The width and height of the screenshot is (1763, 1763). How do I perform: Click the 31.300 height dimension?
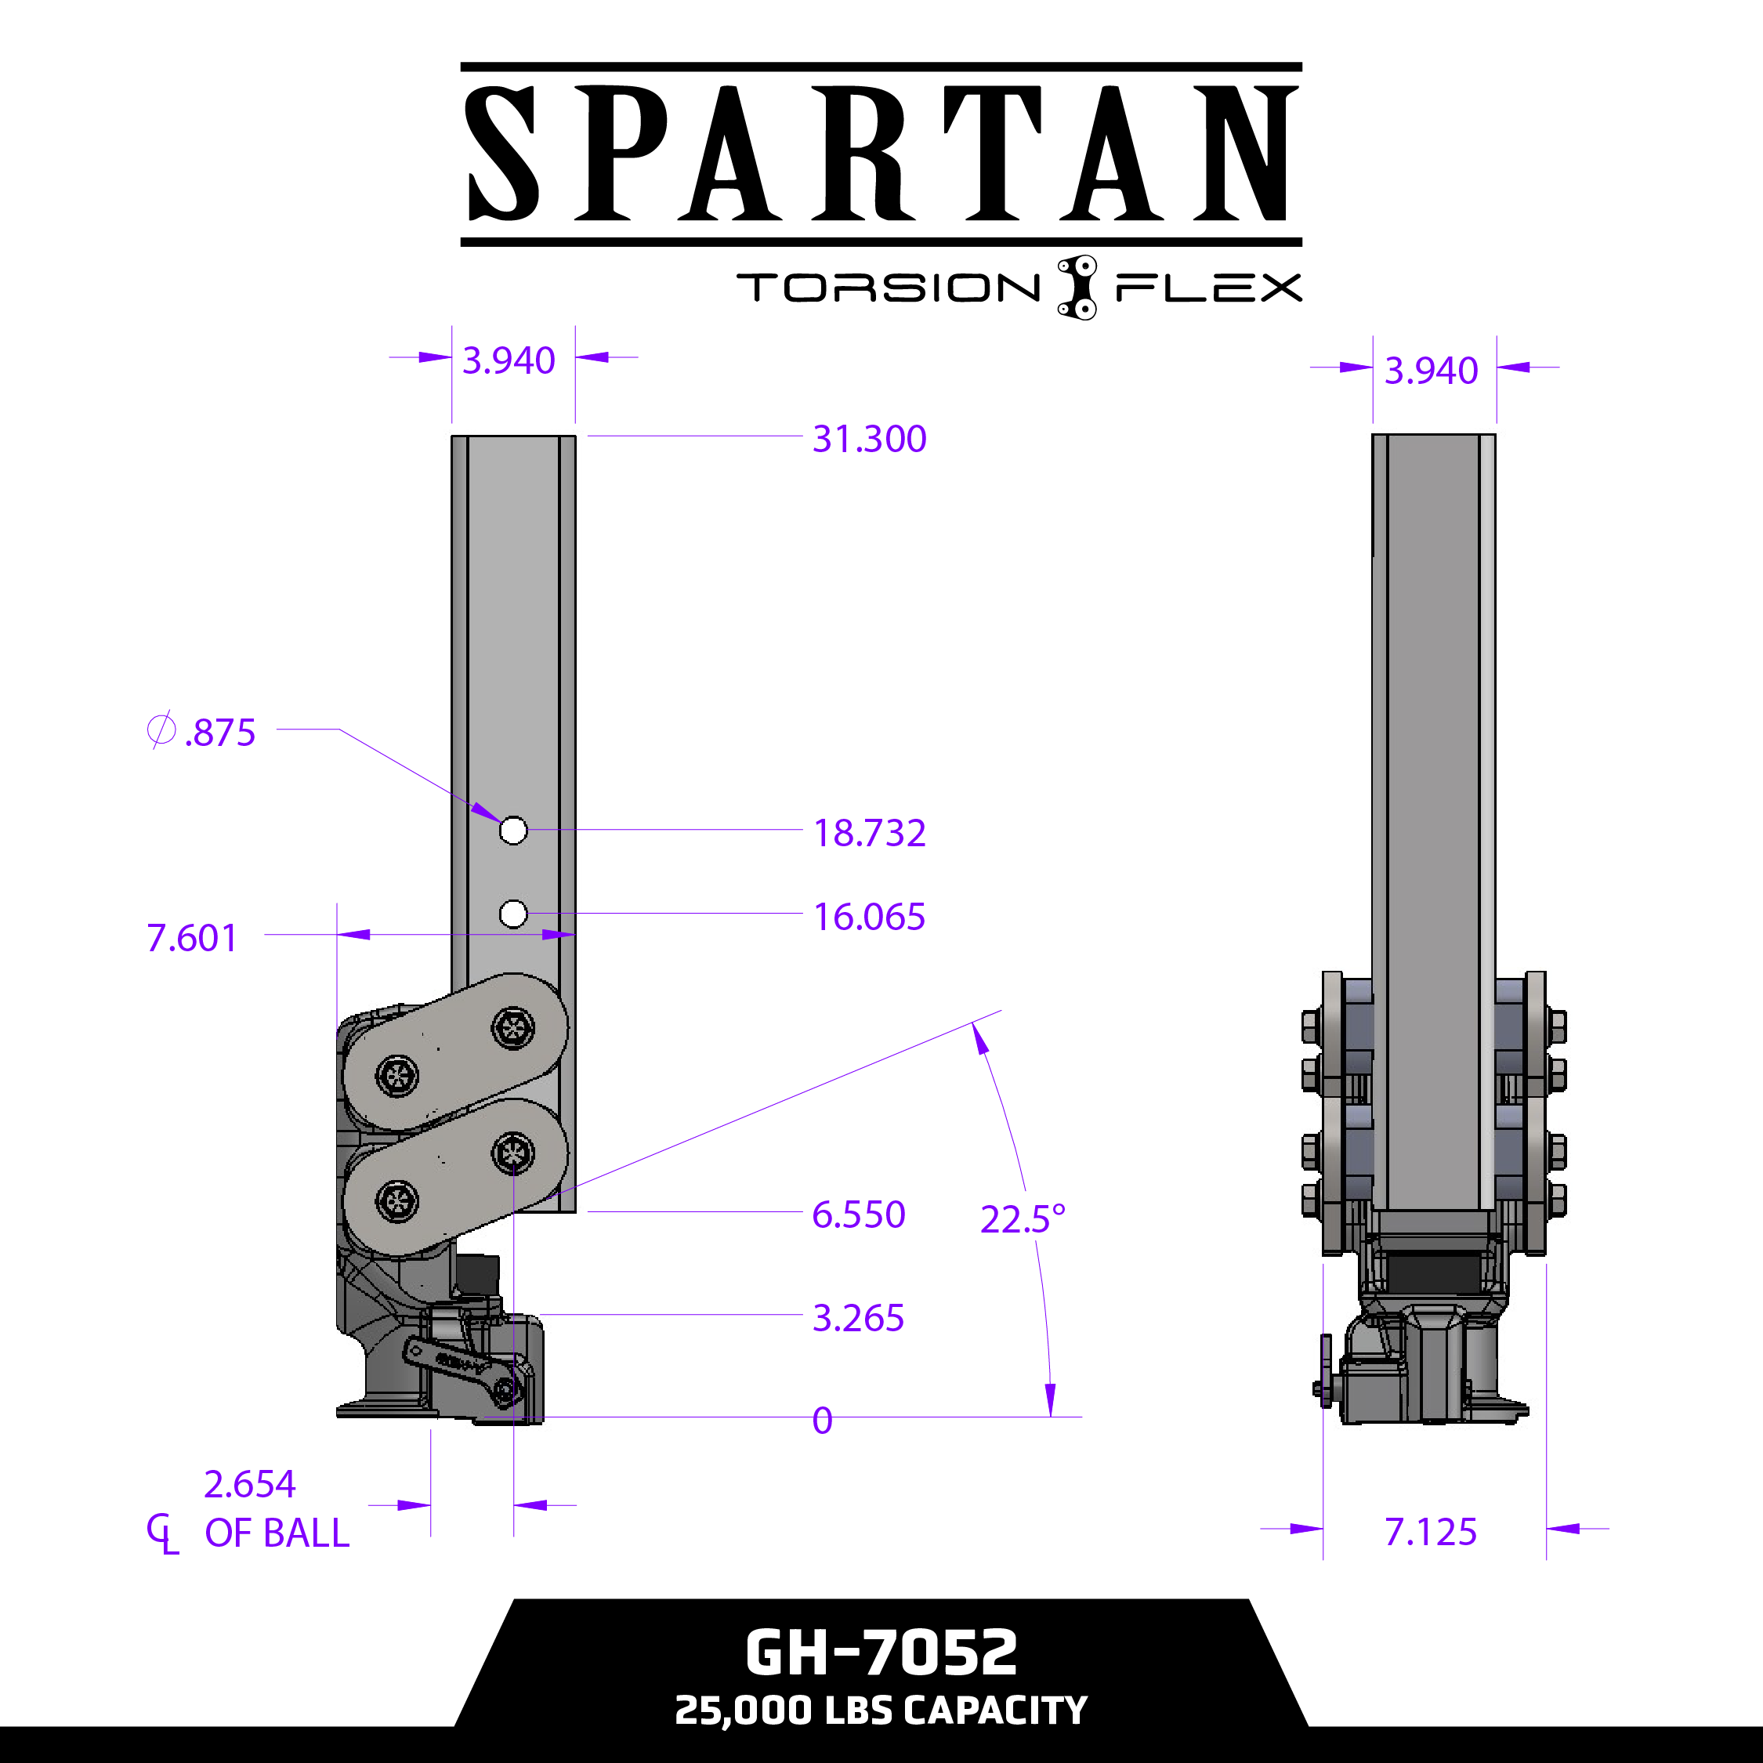869,439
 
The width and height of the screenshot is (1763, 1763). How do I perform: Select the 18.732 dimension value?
869,833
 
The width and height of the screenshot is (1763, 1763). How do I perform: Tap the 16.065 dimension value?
869,917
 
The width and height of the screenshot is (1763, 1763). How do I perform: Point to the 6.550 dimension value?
858,1215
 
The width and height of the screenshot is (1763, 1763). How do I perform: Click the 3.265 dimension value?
858,1318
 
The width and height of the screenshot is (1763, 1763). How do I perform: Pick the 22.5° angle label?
1022,1219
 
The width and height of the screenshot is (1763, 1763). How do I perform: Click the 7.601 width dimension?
192,938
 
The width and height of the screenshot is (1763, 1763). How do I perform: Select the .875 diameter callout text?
219,733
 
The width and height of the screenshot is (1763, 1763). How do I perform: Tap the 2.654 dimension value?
249,1485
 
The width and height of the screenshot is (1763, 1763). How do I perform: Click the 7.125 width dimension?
1430,1532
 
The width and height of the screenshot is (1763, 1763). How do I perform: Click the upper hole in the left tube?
513,831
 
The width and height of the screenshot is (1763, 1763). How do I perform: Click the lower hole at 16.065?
513,914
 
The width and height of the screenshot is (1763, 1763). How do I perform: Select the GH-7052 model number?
881,1653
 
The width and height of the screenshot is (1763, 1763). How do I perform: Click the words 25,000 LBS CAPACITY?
881,1710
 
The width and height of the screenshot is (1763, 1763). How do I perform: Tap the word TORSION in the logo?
888,288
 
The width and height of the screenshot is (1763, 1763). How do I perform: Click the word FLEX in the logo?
1208,288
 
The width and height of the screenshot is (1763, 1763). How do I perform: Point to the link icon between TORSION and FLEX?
1077,288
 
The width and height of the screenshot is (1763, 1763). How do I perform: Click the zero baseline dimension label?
822,1421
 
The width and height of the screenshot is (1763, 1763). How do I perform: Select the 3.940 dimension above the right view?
1430,371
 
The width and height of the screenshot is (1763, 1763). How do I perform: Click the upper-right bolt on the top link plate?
513,1028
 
